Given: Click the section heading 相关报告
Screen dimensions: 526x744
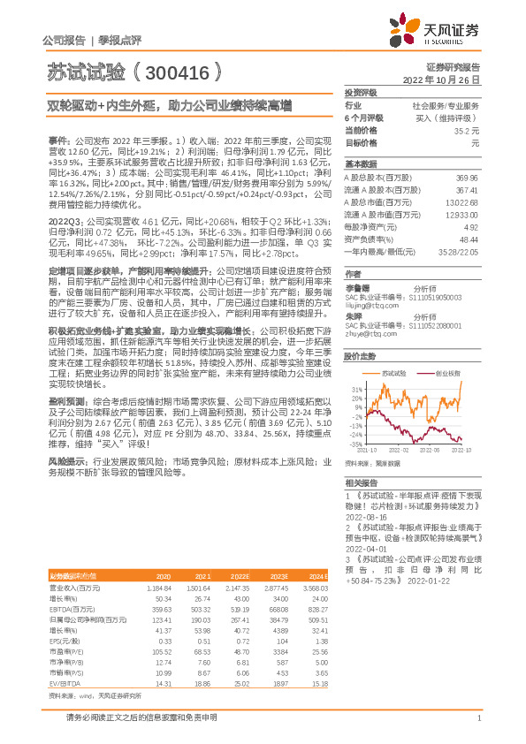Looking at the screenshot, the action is (x=361, y=482).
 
